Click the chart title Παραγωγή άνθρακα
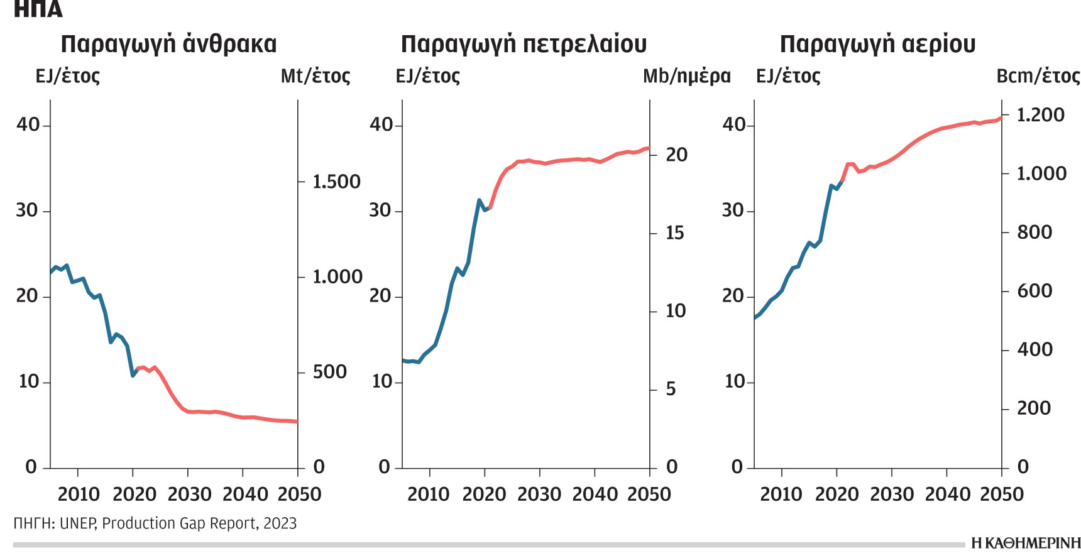click(168, 45)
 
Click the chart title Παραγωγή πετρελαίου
click(524, 45)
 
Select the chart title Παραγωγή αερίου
click(877, 45)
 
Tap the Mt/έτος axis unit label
click(316, 77)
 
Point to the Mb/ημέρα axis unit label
click(686, 77)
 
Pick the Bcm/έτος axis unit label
click(1038, 77)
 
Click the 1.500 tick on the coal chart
click(336, 182)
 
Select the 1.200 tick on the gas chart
click(1040, 115)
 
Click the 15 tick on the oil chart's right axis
click(674, 233)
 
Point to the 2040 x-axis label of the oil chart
click(594, 495)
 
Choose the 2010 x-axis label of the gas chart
click(781, 495)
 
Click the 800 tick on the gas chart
click(1034, 232)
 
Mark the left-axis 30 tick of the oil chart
click(380, 211)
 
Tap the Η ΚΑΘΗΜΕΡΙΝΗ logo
click(1025, 544)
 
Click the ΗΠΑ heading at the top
click(38, 9)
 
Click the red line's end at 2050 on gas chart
click(1001, 118)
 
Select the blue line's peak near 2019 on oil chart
click(480, 200)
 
